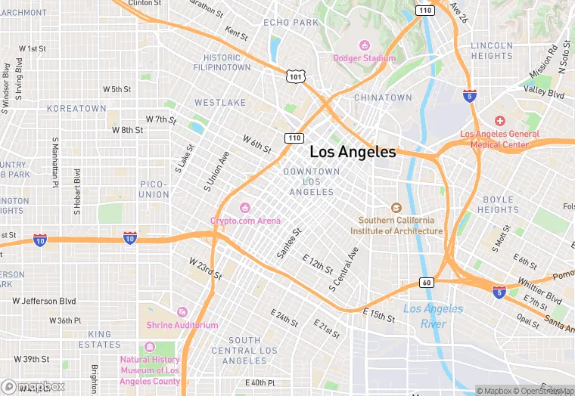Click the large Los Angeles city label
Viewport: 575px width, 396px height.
click(x=353, y=152)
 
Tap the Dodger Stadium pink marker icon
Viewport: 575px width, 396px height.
click(x=364, y=45)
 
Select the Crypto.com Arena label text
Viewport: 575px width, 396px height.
click(x=245, y=221)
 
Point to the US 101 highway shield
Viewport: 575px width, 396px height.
click(x=295, y=76)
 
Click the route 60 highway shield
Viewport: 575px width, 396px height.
click(x=426, y=283)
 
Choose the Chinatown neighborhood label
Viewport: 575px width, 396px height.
click(x=383, y=97)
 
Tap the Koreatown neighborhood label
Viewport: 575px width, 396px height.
click(x=76, y=109)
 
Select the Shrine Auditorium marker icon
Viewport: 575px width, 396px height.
click(x=182, y=312)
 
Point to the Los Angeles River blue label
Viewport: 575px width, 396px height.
click(x=433, y=316)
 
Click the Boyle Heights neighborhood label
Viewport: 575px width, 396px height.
click(x=498, y=205)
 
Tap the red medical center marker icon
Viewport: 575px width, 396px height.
click(x=499, y=121)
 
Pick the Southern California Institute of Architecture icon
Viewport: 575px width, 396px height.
click(x=395, y=208)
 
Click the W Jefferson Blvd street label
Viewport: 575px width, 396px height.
click(x=45, y=301)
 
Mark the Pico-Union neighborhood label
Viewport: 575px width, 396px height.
click(x=154, y=189)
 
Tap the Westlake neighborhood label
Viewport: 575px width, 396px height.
click(x=220, y=102)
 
